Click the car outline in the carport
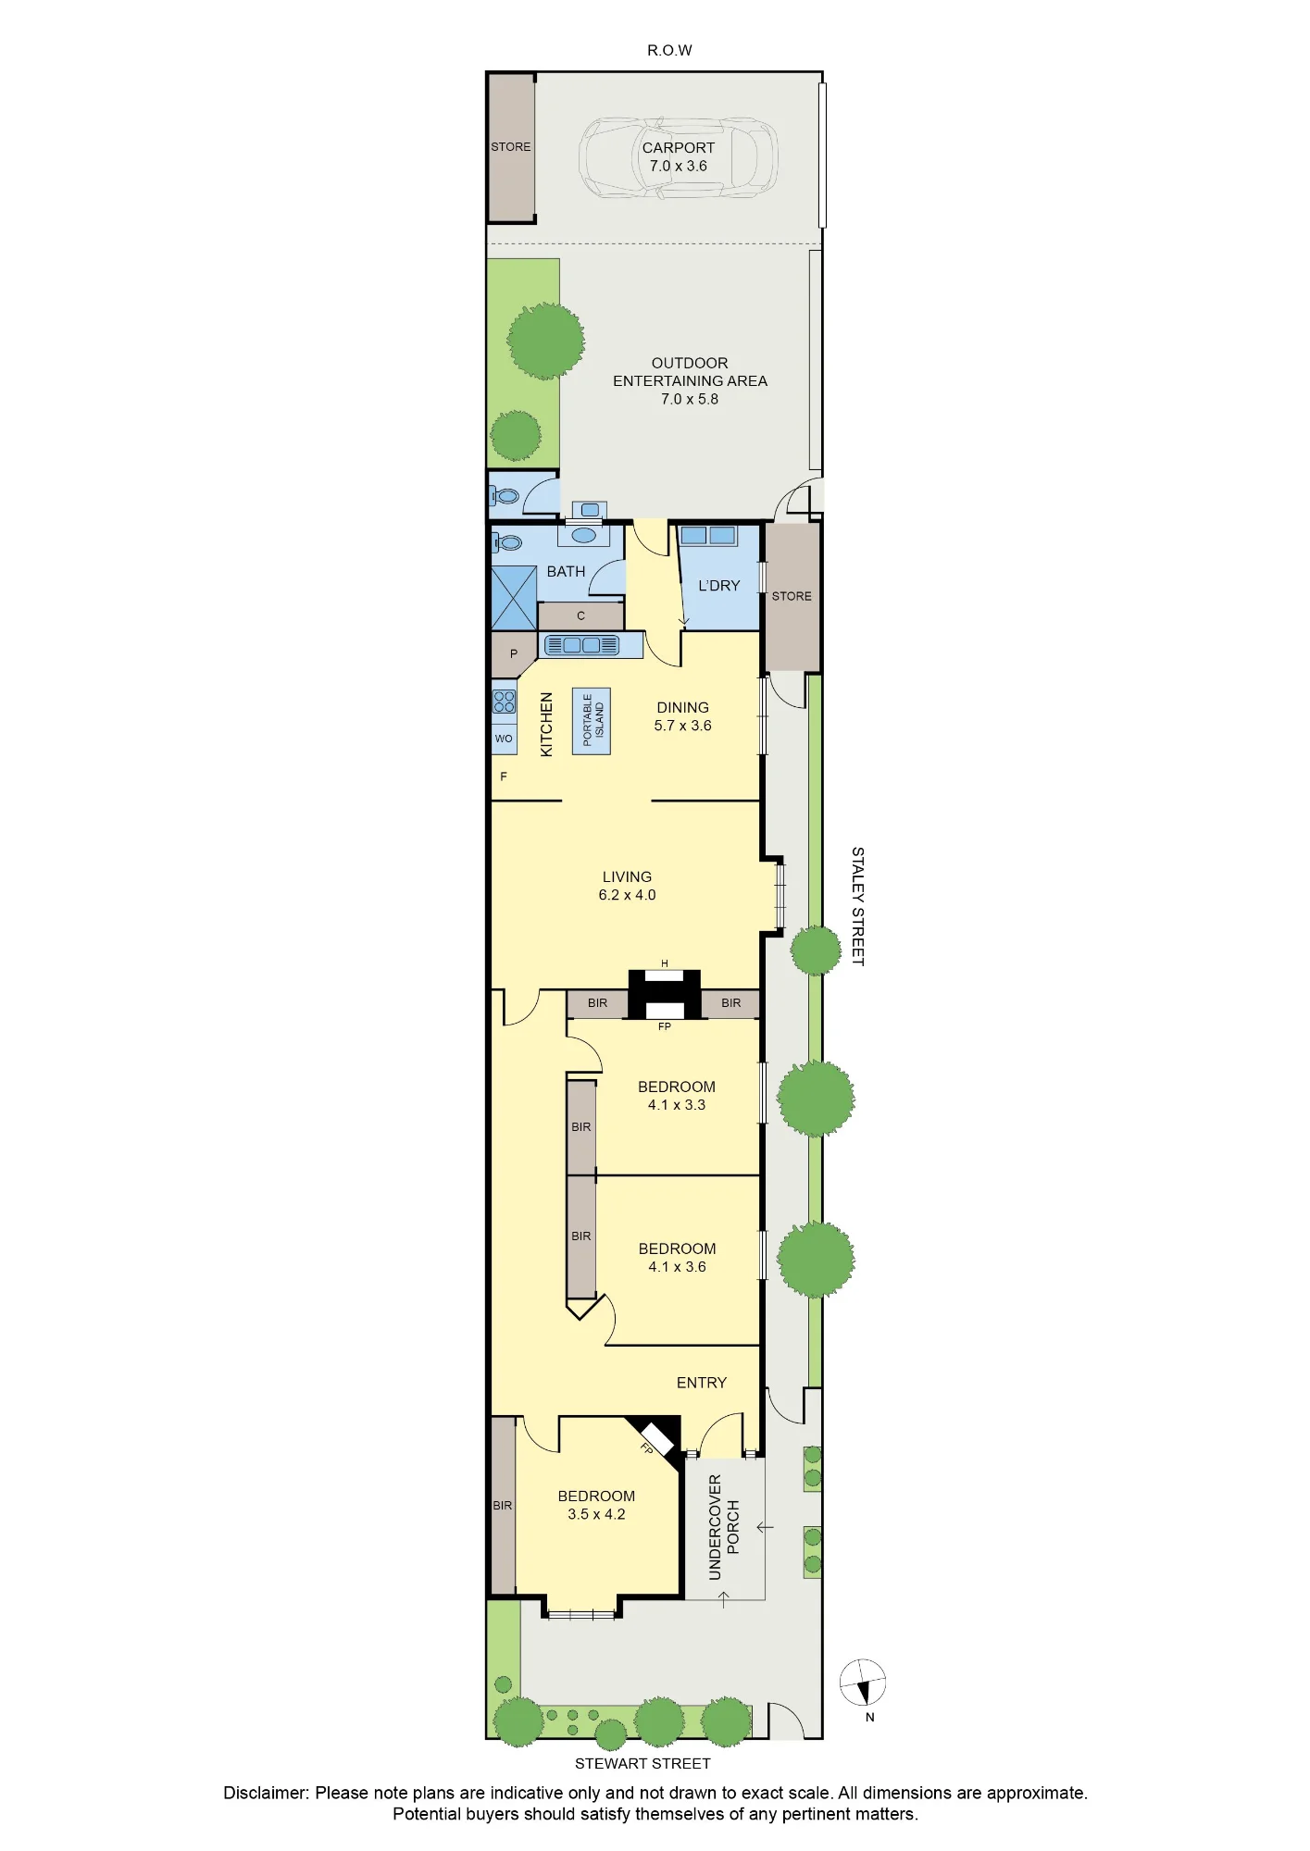679,157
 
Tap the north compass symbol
863,1682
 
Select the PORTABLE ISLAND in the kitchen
591,721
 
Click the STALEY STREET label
857,906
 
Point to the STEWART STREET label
643,1763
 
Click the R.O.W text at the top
669,51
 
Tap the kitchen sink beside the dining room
581,645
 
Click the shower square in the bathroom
514,597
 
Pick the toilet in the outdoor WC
505,496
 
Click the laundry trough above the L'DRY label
708,536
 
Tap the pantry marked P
514,653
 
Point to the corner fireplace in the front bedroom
655,1437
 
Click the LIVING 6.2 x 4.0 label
627,886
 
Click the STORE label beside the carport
511,147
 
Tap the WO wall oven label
504,739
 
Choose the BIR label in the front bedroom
502,1506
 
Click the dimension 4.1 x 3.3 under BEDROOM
677,1105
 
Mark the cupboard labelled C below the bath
580,615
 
